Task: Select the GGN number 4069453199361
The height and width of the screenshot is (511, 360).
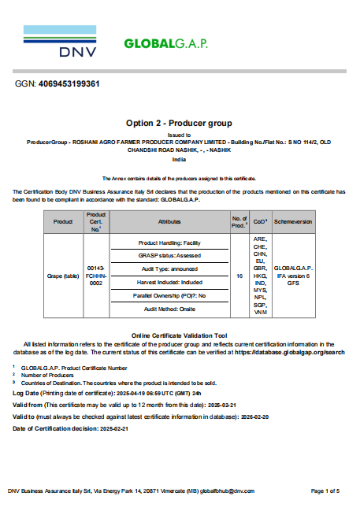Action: coord(69,83)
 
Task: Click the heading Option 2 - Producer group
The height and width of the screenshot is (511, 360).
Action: coord(180,124)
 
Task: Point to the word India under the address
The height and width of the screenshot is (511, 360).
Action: coord(179,159)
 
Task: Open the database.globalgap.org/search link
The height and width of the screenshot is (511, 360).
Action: coord(290,352)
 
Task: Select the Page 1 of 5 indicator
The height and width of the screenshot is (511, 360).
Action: coord(325,491)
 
